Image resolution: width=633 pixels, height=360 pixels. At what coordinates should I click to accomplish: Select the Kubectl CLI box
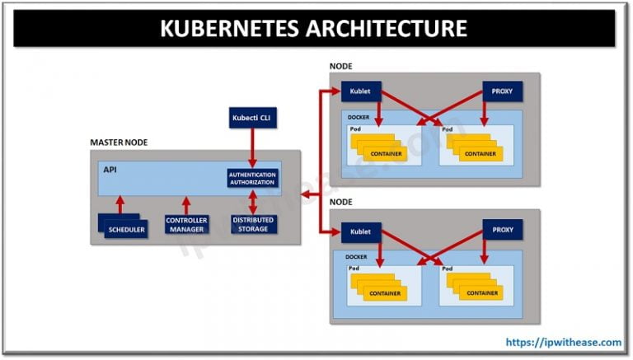click(x=253, y=119)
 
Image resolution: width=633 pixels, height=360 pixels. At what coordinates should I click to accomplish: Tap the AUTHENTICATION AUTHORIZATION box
click(x=253, y=178)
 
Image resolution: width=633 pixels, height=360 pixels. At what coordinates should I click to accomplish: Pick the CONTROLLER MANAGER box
click(x=187, y=225)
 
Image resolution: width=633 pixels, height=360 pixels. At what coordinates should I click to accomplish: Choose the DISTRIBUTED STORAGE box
click(x=253, y=224)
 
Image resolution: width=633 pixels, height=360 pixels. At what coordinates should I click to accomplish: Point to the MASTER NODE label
click(x=120, y=143)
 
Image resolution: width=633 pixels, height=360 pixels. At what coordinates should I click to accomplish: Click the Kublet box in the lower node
click(x=360, y=231)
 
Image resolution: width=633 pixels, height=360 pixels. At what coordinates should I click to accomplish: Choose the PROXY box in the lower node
click(x=502, y=231)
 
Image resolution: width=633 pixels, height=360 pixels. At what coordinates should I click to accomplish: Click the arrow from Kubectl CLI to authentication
click(x=253, y=147)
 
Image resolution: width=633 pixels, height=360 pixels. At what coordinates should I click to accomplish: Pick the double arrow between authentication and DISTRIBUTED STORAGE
click(x=253, y=201)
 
